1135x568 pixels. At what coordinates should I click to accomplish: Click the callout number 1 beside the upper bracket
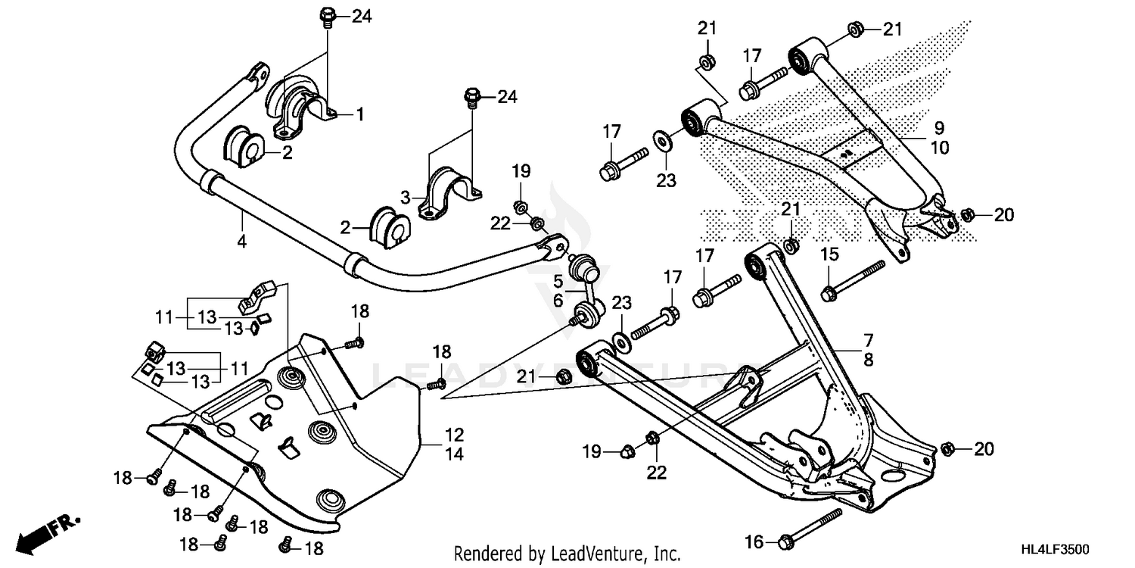360,114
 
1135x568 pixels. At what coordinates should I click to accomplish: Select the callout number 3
406,197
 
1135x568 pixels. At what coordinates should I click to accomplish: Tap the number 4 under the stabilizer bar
241,242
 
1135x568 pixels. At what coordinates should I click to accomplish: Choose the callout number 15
829,254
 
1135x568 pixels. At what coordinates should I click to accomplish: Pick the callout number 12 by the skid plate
454,435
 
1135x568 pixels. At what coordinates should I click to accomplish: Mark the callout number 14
454,454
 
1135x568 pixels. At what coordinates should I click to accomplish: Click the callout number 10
938,148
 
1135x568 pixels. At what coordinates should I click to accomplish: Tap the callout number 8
868,360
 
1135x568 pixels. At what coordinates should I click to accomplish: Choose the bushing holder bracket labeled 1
303,106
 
